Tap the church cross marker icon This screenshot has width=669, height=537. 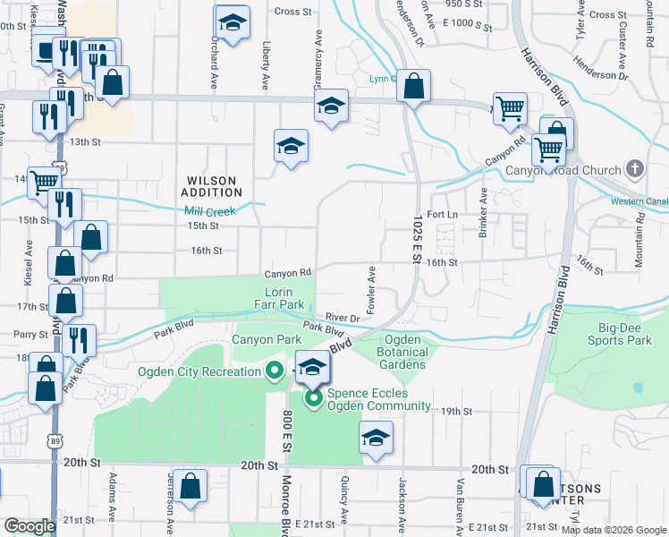tap(634, 168)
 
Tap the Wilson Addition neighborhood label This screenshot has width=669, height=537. tap(211, 185)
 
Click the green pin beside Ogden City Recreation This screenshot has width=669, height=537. tap(275, 371)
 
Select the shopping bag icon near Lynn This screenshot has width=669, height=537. tap(413, 87)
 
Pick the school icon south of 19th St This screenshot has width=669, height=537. tap(376, 439)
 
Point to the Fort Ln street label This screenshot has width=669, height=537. tap(443, 215)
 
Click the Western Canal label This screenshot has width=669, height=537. tap(638, 201)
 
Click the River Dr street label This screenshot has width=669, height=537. tap(343, 318)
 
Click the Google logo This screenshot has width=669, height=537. tap(29, 526)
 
